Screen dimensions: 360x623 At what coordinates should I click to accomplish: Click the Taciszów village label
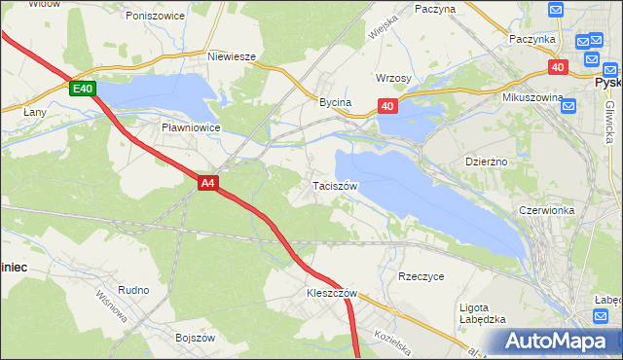pyautogui.click(x=336, y=185)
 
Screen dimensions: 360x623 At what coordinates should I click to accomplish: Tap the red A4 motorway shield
pyautogui.click(x=207, y=182)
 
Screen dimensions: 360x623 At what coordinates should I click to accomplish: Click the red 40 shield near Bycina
pyautogui.click(x=387, y=106)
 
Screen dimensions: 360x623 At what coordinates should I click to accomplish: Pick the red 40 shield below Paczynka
pyautogui.click(x=558, y=67)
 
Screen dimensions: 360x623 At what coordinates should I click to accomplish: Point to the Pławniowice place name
pyautogui.click(x=191, y=127)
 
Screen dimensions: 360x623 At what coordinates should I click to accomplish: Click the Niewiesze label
pyautogui.click(x=232, y=56)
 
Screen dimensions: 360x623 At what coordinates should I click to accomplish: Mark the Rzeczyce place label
pyautogui.click(x=421, y=276)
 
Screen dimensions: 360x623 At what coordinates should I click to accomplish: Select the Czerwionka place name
pyautogui.click(x=550, y=209)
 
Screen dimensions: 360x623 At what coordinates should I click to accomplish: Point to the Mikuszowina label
pyautogui.click(x=533, y=98)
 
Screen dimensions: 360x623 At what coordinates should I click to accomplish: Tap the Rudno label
pyautogui.click(x=133, y=290)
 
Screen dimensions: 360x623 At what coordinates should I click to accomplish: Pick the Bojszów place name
pyautogui.click(x=195, y=337)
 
